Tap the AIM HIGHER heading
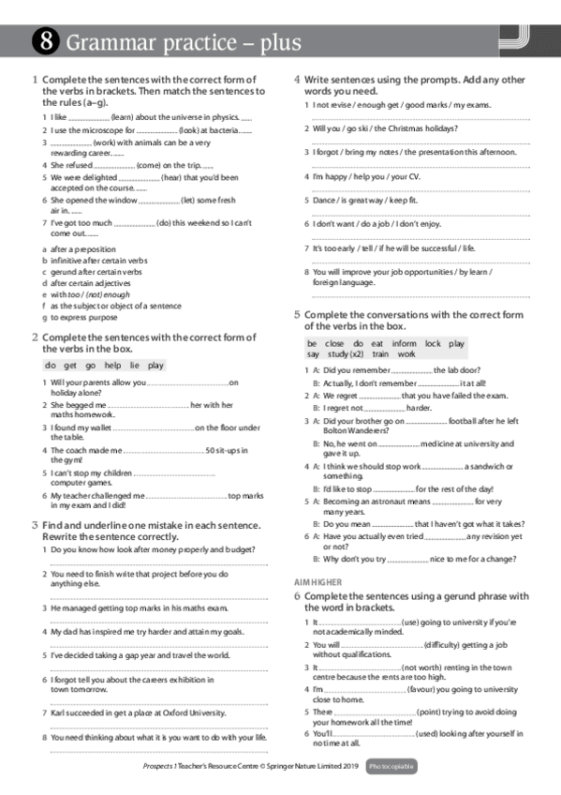(x=317, y=582)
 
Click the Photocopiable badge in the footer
(x=391, y=767)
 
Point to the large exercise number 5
(x=298, y=315)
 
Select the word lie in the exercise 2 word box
(x=131, y=365)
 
